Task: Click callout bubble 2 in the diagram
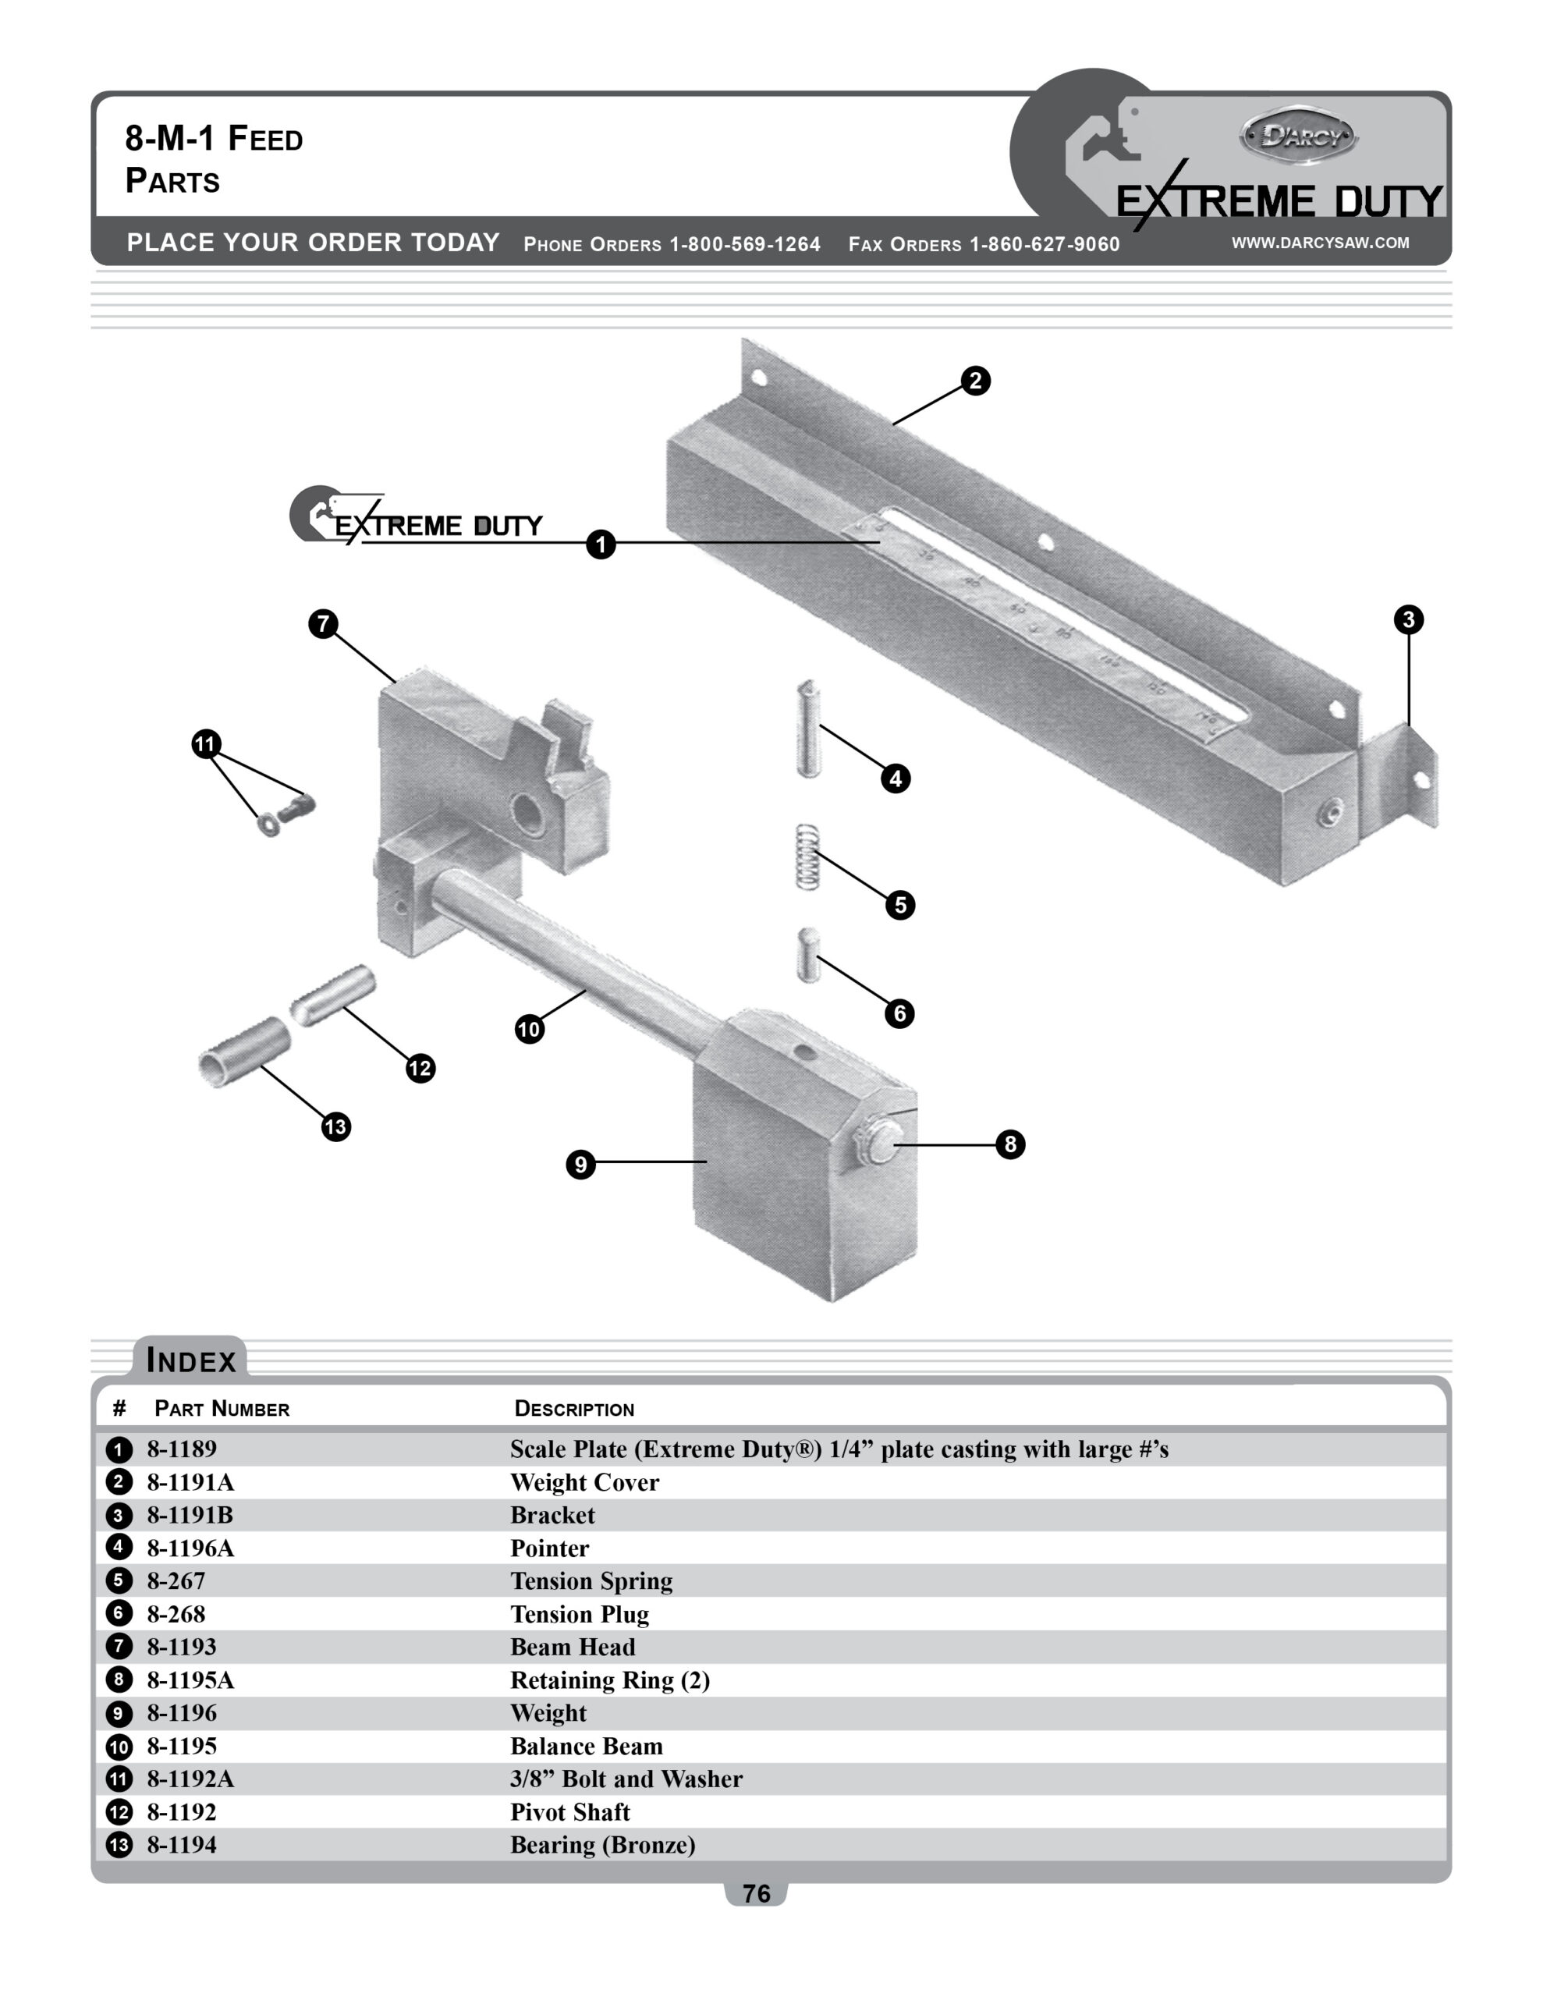tap(975, 381)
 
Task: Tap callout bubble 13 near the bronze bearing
tap(335, 1126)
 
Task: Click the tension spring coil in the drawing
tap(807, 857)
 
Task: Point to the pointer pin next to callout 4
tap(807, 729)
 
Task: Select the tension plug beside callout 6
tap(807, 956)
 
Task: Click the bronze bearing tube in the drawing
tap(244, 1052)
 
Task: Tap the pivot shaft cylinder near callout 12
tap(333, 995)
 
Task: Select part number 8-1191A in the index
tap(190, 1482)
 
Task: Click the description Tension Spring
tap(591, 1581)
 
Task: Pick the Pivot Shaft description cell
tap(569, 1811)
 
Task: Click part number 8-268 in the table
tap(176, 1614)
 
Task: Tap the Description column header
tap(573, 1408)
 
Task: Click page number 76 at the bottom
tap(755, 1892)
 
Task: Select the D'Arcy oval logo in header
tap(1299, 137)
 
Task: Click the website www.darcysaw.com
tap(1319, 243)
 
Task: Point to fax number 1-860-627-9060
tap(1044, 244)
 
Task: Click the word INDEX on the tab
tap(191, 1360)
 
